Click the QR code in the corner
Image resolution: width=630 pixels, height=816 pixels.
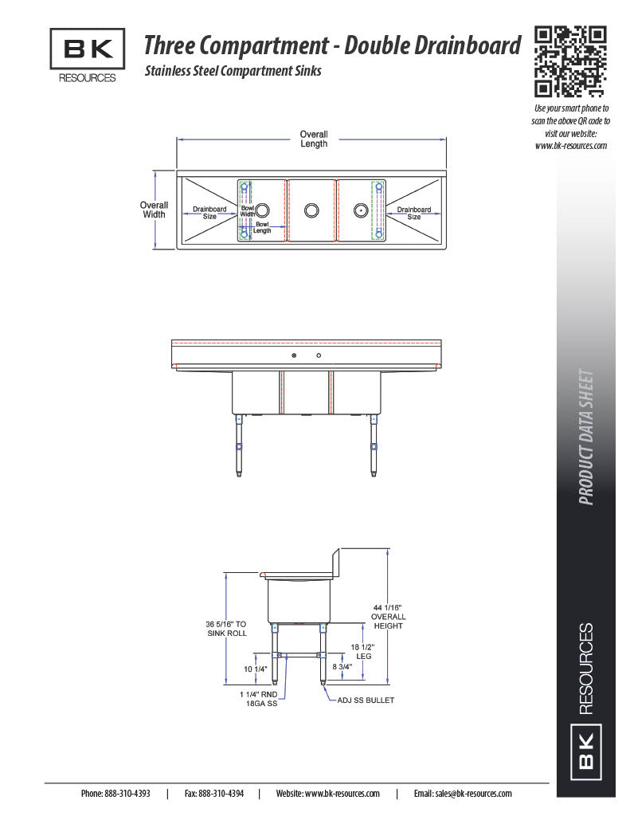pyautogui.click(x=570, y=61)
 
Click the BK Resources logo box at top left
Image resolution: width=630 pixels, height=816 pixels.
pyautogui.click(x=88, y=49)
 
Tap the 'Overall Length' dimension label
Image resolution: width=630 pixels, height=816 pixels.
pyautogui.click(x=314, y=139)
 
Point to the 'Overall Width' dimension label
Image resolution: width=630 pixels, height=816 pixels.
pyautogui.click(x=154, y=210)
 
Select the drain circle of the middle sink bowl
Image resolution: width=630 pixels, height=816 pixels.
pyautogui.click(x=311, y=210)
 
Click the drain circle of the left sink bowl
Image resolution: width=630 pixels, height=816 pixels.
pyautogui.click(x=263, y=210)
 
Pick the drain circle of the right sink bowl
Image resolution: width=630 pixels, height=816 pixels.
pyautogui.click(x=361, y=210)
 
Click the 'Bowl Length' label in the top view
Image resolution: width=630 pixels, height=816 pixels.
pyautogui.click(x=262, y=227)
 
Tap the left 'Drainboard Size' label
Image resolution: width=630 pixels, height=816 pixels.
pyautogui.click(x=209, y=212)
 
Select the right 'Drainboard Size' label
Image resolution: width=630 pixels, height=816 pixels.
pyautogui.click(x=414, y=213)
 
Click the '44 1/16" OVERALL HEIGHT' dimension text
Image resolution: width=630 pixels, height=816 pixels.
pyautogui.click(x=388, y=617)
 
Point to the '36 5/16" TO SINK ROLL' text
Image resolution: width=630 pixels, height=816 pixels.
pyautogui.click(x=226, y=629)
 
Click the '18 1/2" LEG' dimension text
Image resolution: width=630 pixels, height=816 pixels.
pyautogui.click(x=362, y=652)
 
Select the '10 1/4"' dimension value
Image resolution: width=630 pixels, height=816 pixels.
pyautogui.click(x=256, y=669)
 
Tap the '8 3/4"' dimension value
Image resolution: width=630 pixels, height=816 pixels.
pyautogui.click(x=342, y=667)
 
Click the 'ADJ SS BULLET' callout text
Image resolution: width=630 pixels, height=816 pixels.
pyautogui.click(x=366, y=700)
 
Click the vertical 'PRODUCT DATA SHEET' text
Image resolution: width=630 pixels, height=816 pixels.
pyautogui.click(x=586, y=437)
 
